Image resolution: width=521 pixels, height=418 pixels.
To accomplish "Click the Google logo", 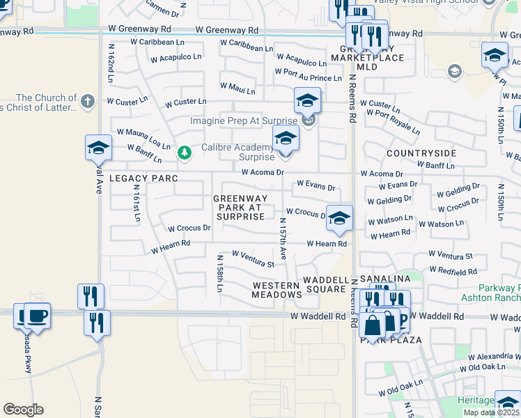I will (x=23, y=410).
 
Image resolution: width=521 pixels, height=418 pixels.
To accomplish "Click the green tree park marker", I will (x=184, y=153).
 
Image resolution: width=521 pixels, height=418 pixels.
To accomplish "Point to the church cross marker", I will (x=87, y=102).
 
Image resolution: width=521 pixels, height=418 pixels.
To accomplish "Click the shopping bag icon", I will (x=371, y=325).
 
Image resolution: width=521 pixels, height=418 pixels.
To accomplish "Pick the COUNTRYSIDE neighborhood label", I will (x=421, y=153).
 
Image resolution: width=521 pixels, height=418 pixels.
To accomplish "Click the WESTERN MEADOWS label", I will (x=277, y=290).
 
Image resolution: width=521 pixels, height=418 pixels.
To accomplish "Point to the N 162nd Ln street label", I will (x=110, y=63).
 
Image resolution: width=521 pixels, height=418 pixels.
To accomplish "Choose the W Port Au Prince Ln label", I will (x=308, y=74).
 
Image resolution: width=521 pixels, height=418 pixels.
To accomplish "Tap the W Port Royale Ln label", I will (x=393, y=122).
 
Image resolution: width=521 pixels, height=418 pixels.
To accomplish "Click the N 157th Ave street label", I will (x=283, y=241).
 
